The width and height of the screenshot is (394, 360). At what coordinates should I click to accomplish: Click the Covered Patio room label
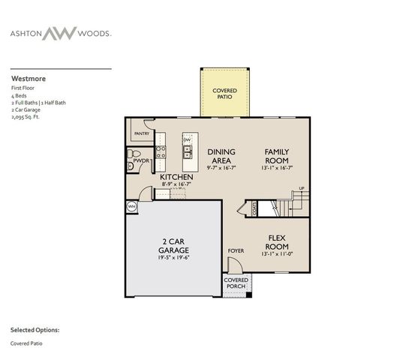pyautogui.click(x=224, y=93)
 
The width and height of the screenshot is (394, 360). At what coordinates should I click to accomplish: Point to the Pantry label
pyautogui.click(x=142, y=133)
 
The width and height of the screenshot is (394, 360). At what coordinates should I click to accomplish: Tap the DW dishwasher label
pyautogui.click(x=187, y=140)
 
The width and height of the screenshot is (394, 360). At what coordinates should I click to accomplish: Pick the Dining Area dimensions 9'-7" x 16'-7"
pyautogui.click(x=221, y=168)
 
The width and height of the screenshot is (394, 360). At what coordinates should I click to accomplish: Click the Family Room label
pyautogui.click(x=276, y=155)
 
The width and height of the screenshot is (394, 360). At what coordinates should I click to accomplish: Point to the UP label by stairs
pyautogui.click(x=301, y=188)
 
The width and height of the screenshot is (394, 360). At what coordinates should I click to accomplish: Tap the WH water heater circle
pyautogui.click(x=131, y=206)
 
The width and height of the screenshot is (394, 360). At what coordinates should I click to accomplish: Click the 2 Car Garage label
pyautogui.click(x=173, y=245)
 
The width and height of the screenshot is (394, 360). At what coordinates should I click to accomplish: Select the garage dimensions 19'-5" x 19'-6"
pyautogui.click(x=173, y=258)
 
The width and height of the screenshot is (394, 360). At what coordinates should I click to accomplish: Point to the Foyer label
pyautogui.click(x=236, y=250)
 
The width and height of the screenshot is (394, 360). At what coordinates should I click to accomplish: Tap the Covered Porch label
pyautogui.click(x=237, y=283)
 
